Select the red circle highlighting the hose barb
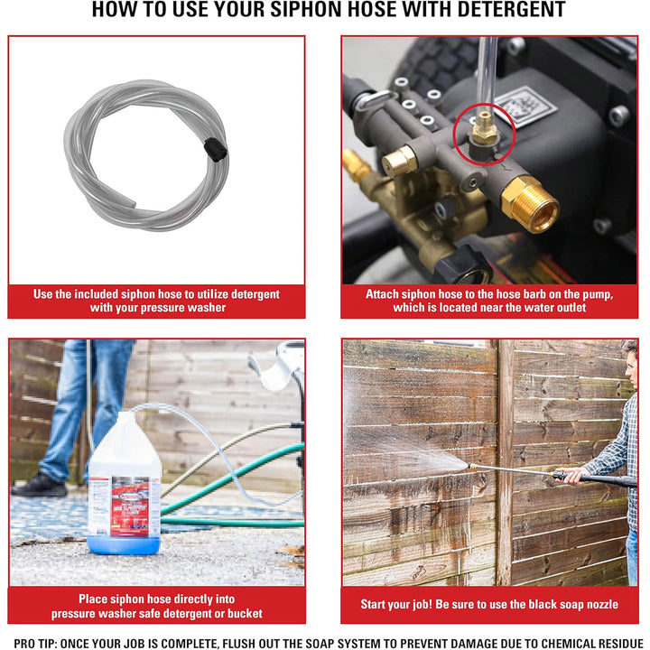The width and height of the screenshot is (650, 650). pos(484,129)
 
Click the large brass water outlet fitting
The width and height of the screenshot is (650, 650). pos(530,203)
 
